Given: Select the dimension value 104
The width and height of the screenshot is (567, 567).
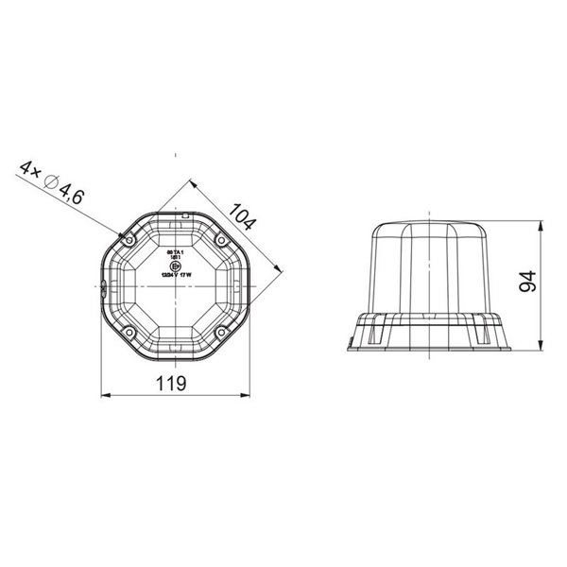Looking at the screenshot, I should click(244, 219).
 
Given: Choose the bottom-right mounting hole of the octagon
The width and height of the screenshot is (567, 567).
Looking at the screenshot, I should click(219, 332).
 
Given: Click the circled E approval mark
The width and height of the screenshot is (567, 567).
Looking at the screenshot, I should click(172, 266).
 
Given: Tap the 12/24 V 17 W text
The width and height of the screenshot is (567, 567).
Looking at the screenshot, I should click(173, 276).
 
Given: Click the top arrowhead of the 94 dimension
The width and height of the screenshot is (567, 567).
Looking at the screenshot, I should click(540, 227).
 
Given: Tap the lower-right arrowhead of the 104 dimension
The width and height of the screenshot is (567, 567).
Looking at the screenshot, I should click(277, 270).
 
